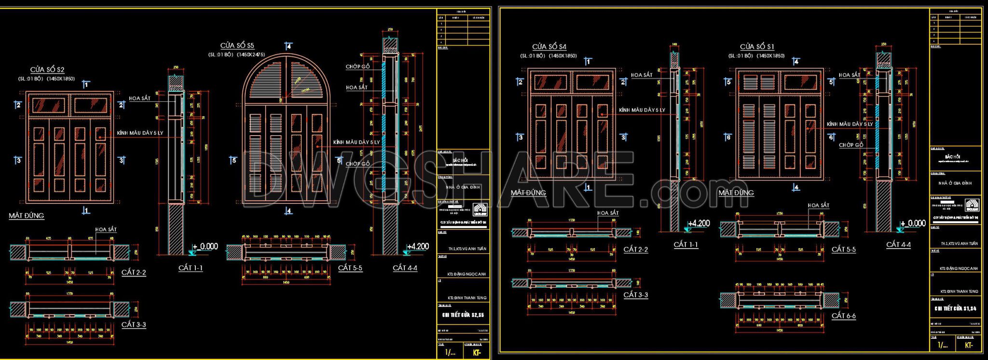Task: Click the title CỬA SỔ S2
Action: (x=47, y=70)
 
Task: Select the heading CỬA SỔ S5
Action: (x=237, y=45)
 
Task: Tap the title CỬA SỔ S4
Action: (x=549, y=47)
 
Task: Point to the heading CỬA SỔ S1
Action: (x=757, y=47)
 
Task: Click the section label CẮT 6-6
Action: (x=843, y=316)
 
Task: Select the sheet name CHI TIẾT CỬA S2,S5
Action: (x=463, y=315)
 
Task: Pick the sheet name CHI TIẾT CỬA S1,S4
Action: (x=955, y=308)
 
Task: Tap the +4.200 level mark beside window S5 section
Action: (x=417, y=247)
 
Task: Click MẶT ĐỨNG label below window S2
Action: (x=27, y=216)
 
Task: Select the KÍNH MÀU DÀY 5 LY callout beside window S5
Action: (x=356, y=142)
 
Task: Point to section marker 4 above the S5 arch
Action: (x=288, y=46)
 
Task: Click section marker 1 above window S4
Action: (x=588, y=61)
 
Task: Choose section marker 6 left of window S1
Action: (x=728, y=138)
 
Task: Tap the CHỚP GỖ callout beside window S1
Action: (x=851, y=145)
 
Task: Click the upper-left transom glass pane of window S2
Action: (x=48, y=106)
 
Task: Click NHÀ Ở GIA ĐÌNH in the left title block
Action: (x=463, y=187)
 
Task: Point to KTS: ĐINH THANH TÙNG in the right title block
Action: (x=959, y=291)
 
